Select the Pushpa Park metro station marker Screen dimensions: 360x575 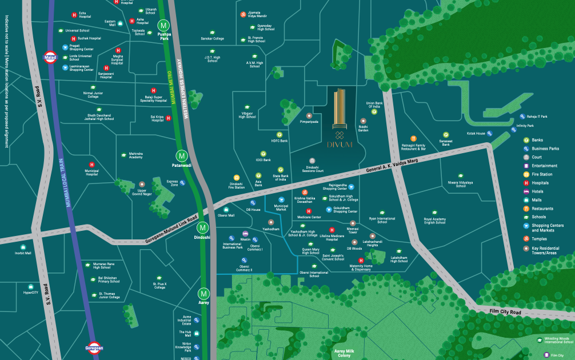coord(164,26)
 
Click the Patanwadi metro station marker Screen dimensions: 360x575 coord(181,155)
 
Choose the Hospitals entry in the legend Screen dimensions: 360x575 coord(540,183)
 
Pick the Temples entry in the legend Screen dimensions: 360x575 coord(541,239)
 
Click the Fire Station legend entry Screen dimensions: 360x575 coord(542,174)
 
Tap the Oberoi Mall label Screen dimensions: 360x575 coord(226,215)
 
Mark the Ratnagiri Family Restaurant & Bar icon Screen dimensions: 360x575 coord(413,138)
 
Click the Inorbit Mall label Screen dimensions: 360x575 coord(23,253)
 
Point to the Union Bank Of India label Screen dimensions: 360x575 coord(373,105)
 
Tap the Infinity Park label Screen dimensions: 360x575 coord(525,126)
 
